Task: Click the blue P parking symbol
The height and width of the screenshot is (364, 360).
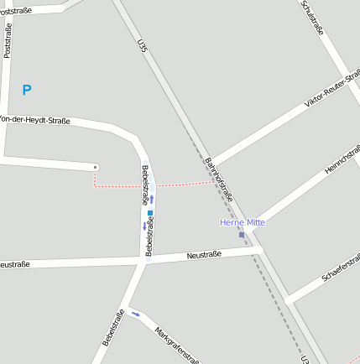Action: point(27,90)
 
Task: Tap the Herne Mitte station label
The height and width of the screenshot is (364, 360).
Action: point(243,222)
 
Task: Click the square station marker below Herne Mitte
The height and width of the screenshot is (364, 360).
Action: point(242,235)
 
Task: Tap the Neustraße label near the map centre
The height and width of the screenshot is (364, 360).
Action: point(204,254)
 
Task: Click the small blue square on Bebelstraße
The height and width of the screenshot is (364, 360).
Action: point(150,213)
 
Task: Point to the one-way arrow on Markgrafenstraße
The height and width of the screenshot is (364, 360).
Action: point(136,315)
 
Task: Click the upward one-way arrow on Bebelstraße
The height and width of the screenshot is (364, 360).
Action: point(152,200)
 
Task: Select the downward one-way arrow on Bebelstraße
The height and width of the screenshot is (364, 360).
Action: point(145,226)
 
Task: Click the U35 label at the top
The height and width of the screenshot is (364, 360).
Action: point(142,46)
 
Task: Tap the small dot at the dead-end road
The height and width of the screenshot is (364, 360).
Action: point(95,168)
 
